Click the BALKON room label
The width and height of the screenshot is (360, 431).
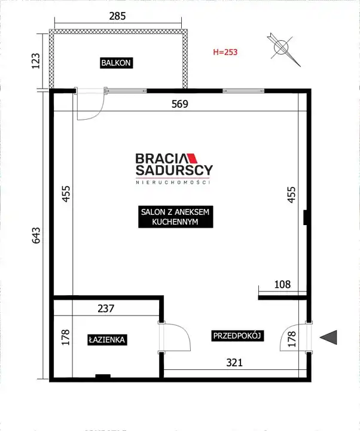coord(117,63)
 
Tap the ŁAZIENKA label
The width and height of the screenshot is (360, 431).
coord(107,340)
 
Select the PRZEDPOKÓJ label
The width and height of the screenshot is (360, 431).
coord(237,336)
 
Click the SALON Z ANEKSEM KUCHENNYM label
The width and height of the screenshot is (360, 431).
coord(175,217)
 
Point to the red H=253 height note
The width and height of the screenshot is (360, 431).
coord(225,52)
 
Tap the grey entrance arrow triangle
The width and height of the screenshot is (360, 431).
coord(328,337)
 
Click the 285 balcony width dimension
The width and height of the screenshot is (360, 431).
coord(117,16)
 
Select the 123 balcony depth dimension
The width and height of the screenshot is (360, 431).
coord(36,60)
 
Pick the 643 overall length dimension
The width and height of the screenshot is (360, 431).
coord(36,235)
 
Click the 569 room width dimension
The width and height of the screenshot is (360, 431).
coord(180,104)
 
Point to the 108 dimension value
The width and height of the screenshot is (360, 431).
coord(282,284)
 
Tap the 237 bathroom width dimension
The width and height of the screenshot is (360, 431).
coord(106,309)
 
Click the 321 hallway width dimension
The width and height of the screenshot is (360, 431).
coord(234,363)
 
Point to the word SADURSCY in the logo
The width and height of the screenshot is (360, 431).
coord(174,170)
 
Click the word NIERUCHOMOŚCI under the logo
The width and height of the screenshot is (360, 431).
coord(173,183)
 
